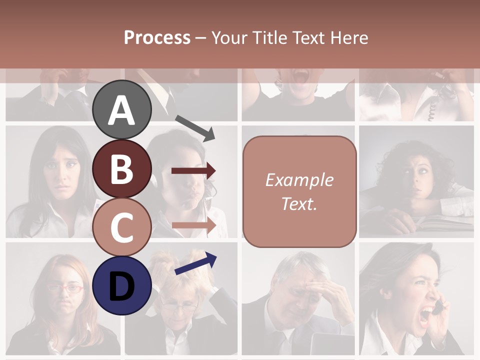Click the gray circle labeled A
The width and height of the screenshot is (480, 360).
tap(122, 109)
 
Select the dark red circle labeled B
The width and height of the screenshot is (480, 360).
tap(122, 168)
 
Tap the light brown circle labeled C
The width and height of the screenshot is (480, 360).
tap(122, 227)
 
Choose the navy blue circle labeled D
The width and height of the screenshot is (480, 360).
tap(122, 285)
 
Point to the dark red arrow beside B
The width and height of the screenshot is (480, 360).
tap(193, 171)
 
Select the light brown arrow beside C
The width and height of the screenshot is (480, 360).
tap(193, 225)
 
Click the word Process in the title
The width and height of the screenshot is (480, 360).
tap(157, 37)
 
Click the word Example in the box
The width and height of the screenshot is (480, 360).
tap(299, 180)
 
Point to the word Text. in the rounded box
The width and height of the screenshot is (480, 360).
tap(299, 203)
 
